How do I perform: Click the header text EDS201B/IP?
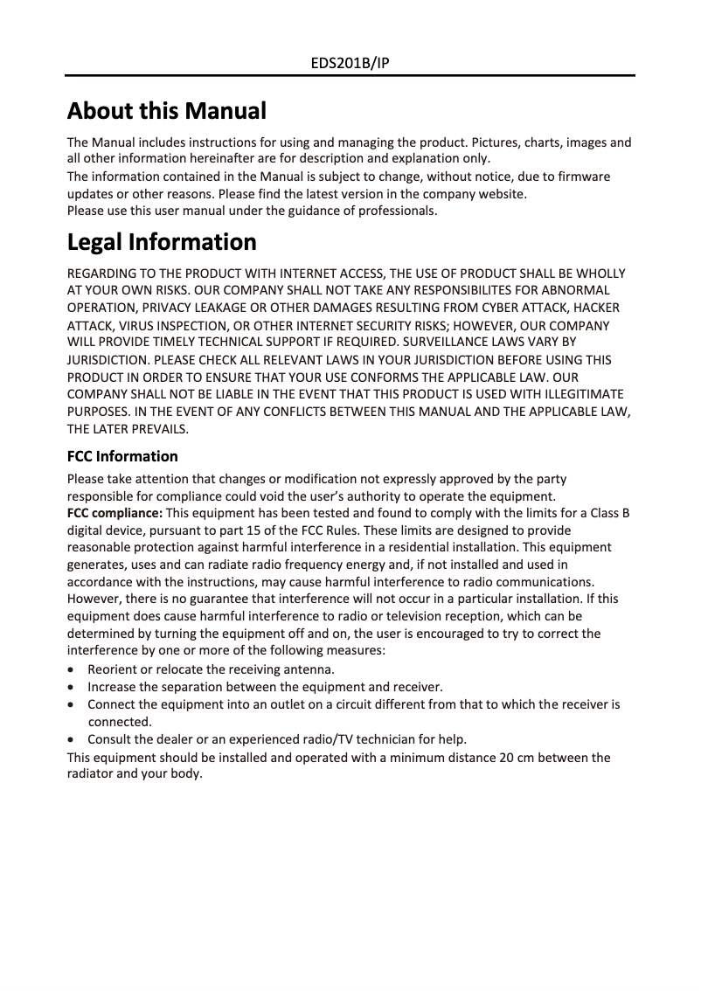point(350,64)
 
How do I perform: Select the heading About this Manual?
point(167,111)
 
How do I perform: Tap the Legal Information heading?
point(162,241)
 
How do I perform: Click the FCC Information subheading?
point(122,456)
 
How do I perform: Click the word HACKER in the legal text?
point(595,308)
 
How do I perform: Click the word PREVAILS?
point(160,429)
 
